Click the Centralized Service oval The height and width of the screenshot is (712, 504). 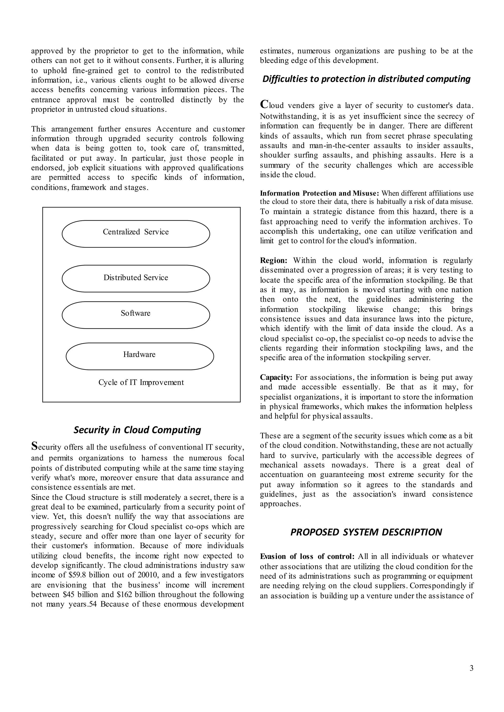pyautogui.click(x=136, y=234)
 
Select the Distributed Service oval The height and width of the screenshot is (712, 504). pyautogui.click(x=136, y=278)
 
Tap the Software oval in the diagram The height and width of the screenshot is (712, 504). pyautogui.click(x=136, y=315)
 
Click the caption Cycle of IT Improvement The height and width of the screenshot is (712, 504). pyautogui.click(x=141, y=382)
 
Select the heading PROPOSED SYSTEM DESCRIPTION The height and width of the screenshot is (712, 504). pyautogui.click(x=366, y=532)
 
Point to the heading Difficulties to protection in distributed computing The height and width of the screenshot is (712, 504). pyautogui.click(x=366, y=79)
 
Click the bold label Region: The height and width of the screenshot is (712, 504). pyautogui.click(x=273, y=260)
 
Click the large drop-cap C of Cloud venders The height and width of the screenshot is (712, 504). pyautogui.click(x=264, y=104)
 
